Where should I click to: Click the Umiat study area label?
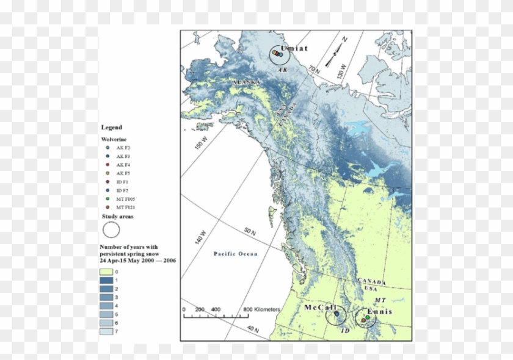[294, 48]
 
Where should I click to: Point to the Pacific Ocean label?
[235, 253]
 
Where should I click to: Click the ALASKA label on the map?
[247, 82]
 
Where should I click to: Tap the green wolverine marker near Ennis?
[366, 316]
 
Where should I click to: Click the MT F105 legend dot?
[107, 200]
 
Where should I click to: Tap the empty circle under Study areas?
[111, 230]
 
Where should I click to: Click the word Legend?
[112, 128]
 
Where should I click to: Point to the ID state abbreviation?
[345, 330]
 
